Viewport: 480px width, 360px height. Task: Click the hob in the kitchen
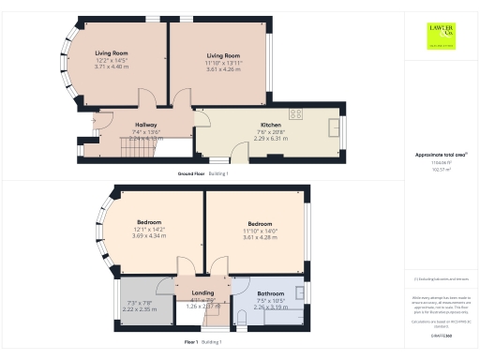tap(296, 114)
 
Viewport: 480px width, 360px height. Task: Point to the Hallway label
tap(145, 124)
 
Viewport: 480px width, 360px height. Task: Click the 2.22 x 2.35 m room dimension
tap(140, 307)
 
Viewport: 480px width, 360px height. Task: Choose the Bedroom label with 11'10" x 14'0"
tap(260, 223)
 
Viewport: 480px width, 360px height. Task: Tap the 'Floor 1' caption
tap(191, 342)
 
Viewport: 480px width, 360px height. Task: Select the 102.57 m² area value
tap(440, 170)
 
